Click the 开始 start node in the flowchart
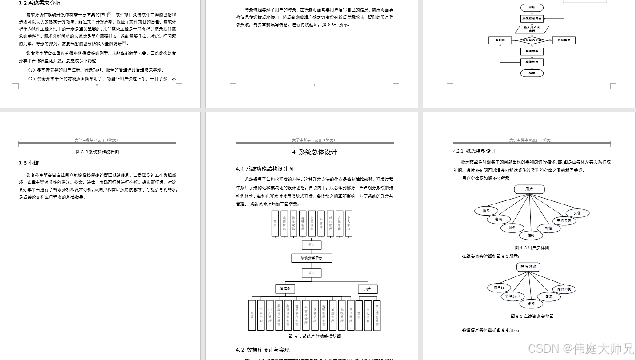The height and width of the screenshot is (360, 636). pyautogui.click(x=532, y=8)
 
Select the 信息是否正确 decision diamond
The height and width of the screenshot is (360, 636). pyautogui.click(x=532, y=40)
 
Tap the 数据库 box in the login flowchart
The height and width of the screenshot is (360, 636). pyautogui.click(x=500, y=40)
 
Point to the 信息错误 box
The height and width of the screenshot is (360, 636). pyautogui.click(x=564, y=40)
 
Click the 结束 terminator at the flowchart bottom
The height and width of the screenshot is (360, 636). pyautogui.click(x=532, y=73)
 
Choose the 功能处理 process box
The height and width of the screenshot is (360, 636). pyautogui.click(x=532, y=62)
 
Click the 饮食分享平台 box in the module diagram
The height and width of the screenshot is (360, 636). pyautogui.click(x=312, y=258)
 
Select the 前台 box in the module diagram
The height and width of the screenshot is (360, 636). pyautogui.click(x=312, y=244)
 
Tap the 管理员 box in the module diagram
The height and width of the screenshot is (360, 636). pyautogui.click(x=285, y=289)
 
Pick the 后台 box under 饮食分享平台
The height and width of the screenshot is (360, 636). pyautogui.click(x=312, y=272)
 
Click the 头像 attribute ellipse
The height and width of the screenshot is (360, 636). pyautogui.click(x=577, y=213)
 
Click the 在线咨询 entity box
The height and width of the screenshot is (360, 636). pyautogui.click(x=528, y=267)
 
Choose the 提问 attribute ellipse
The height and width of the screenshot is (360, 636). pyautogui.click(x=531, y=304)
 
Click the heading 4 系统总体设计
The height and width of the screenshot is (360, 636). pyautogui.click(x=314, y=152)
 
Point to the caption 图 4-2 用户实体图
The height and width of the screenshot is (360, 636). pyautogui.click(x=532, y=248)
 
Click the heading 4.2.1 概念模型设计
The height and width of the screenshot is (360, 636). pyautogui.click(x=474, y=151)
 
